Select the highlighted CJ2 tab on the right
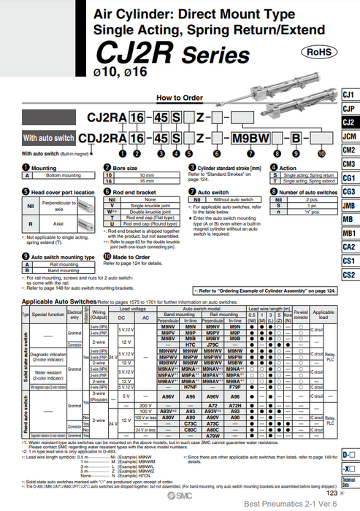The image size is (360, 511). point(349,123)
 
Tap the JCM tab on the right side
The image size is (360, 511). point(349,137)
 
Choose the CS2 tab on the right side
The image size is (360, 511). point(349,274)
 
